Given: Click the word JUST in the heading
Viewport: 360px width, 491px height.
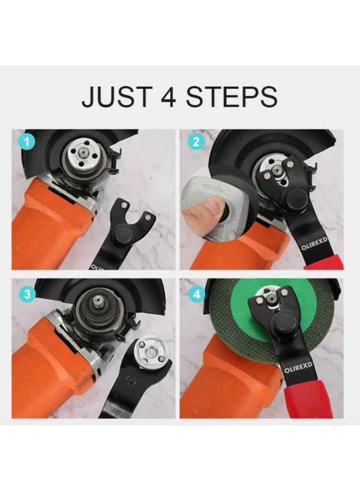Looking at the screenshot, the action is (117, 97).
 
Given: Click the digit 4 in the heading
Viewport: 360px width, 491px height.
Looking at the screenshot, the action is (169, 97).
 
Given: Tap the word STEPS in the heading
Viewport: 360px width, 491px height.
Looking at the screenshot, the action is (231, 97).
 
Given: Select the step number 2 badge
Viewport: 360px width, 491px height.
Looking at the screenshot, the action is (196, 142).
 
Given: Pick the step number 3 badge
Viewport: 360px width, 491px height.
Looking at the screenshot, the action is (27, 295).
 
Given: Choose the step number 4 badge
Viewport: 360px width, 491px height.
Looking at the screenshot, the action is (196, 295).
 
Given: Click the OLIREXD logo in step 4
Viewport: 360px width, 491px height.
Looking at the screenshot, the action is (298, 368).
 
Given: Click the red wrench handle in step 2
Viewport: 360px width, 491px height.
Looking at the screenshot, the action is (325, 262).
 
